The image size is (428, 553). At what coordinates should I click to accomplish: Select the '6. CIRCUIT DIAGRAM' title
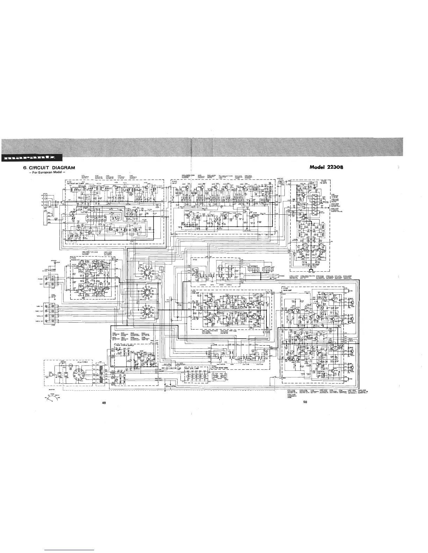49,168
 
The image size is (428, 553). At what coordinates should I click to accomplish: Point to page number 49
104,403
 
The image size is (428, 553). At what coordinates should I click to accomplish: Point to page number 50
305,402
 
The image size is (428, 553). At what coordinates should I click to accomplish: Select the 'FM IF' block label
175,183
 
